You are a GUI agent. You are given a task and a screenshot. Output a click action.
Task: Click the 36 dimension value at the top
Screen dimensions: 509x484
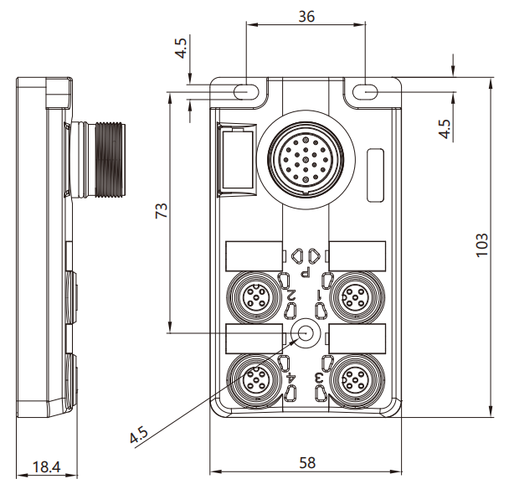[x=306, y=16]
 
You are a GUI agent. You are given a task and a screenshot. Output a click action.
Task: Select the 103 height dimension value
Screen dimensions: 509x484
[x=481, y=245]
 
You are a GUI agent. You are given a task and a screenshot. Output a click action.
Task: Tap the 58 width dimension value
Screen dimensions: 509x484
[x=307, y=463]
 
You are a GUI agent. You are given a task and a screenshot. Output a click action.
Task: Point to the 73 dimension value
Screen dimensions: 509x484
[x=162, y=210]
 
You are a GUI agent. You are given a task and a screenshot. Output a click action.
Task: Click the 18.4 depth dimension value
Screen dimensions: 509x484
[x=46, y=467]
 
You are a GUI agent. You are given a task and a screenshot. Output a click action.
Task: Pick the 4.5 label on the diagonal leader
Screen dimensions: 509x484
[x=139, y=435]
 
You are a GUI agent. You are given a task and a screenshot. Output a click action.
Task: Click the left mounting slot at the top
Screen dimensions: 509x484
[x=247, y=92]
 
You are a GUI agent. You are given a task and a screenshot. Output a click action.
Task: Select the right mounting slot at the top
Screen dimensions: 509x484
[x=366, y=92]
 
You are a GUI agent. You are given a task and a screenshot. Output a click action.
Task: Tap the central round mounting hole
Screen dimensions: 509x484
[x=306, y=333]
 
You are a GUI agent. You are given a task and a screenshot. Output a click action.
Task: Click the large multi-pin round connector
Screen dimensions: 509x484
[x=306, y=159]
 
